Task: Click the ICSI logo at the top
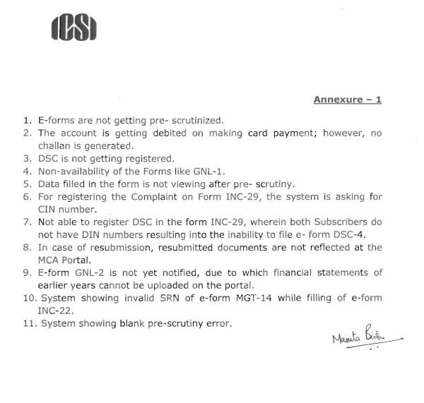tap(74, 28)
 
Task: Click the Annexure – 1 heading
tap(347, 100)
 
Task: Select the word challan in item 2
tap(55, 145)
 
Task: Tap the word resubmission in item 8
tap(97, 247)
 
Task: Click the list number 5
tap(26, 184)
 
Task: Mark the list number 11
tap(28, 323)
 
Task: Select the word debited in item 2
tap(155, 133)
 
